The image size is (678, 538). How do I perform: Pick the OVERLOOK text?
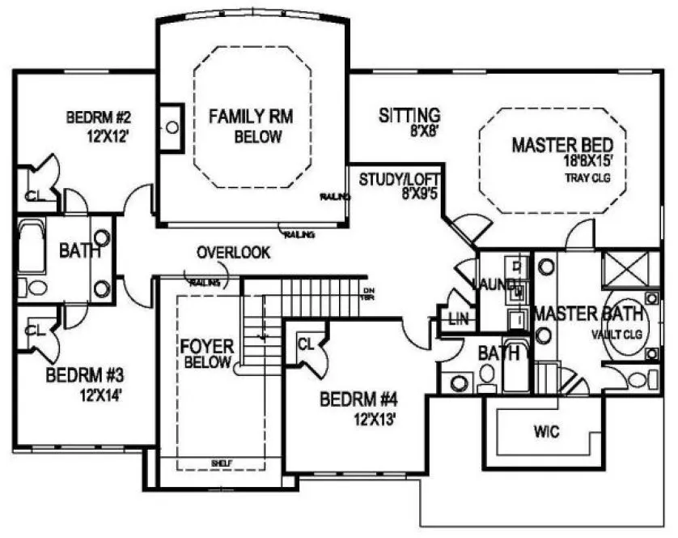pos(233,253)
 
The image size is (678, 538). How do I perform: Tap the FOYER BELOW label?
pos(208,354)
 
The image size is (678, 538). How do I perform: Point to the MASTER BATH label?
pos(588,314)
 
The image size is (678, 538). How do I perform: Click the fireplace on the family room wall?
pos(171,128)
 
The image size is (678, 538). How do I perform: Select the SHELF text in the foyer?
pos(222,463)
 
